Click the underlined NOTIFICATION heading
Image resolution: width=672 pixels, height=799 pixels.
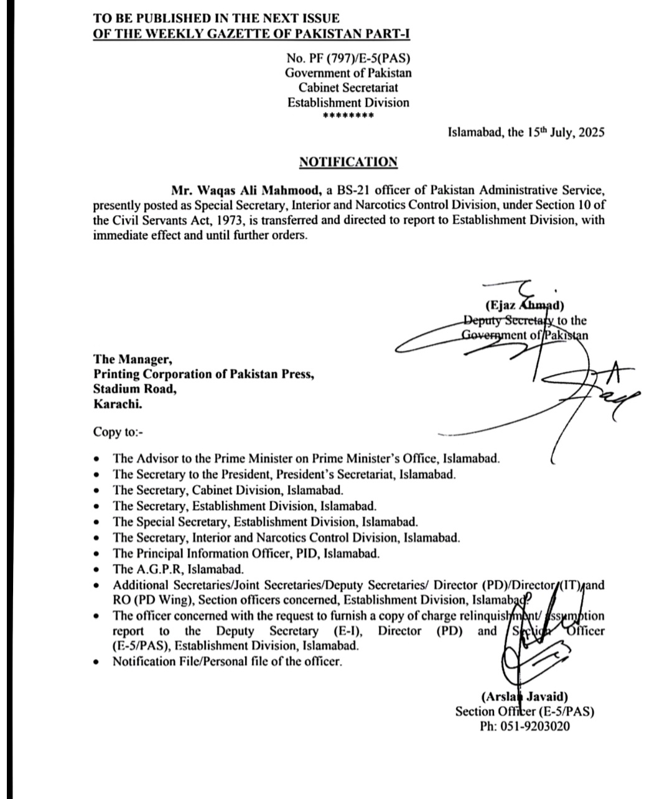[x=348, y=162]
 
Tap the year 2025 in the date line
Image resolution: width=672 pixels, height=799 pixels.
[x=590, y=132]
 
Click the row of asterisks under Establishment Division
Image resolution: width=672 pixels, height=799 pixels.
[x=348, y=116]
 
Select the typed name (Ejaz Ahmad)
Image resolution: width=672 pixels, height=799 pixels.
[x=524, y=305]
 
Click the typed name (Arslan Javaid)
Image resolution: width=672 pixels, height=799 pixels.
[x=524, y=697]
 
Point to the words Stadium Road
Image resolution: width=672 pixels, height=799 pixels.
[x=134, y=389]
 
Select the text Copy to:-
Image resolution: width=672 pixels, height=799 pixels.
[x=118, y=432]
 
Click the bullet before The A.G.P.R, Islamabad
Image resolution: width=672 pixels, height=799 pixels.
[x=96, y=570]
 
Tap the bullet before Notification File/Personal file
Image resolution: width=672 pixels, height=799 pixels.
[x=96, y=662]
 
